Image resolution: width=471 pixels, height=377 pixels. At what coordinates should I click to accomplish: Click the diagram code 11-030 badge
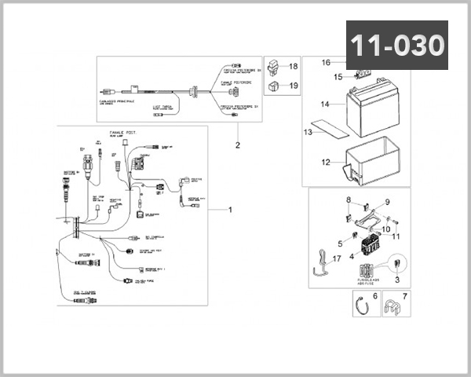[397, 46]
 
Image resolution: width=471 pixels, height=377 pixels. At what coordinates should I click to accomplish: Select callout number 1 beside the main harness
[231, 210]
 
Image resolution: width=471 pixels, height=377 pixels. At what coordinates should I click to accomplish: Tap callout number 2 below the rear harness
[236, 145]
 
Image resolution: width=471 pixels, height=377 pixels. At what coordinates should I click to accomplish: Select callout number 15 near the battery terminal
[338, 77]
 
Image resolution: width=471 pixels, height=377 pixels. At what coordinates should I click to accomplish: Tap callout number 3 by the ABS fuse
[397, 279]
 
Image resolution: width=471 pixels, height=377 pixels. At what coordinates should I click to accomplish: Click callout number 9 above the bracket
[385, 203]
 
